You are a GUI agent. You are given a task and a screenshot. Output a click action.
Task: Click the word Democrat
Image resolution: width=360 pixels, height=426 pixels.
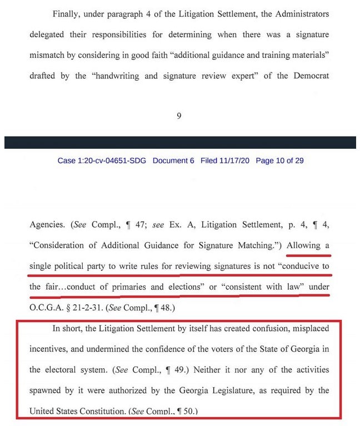[309, 76]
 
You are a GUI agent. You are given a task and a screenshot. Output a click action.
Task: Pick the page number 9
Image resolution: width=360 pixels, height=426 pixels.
[179, 116]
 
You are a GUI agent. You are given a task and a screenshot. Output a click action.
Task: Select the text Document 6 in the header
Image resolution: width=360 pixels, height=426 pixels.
[173, 161]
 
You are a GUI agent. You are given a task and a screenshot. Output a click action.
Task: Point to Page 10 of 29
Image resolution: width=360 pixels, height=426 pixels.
[279, 161]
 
